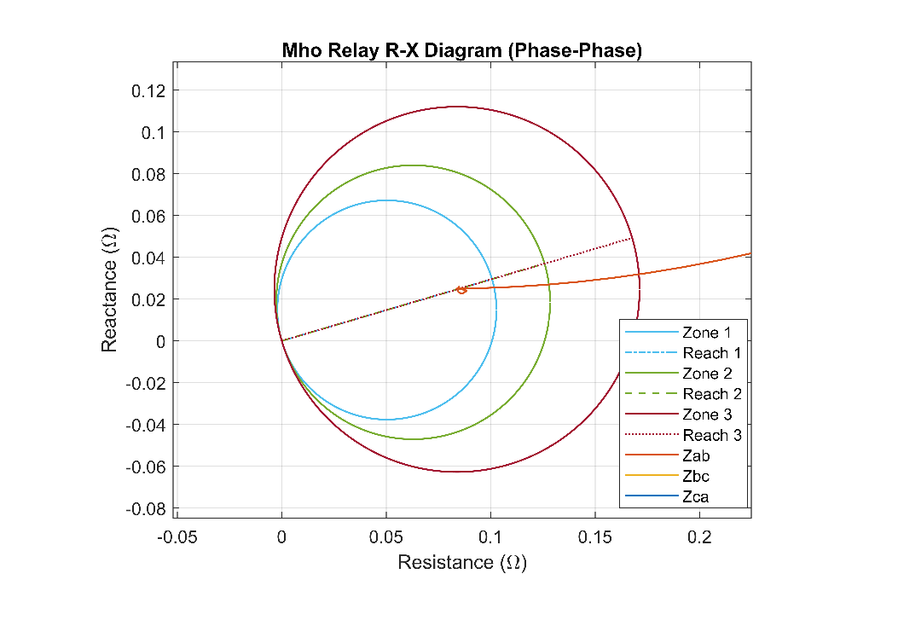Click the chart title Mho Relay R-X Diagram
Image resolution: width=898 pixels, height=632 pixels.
pos(461,51)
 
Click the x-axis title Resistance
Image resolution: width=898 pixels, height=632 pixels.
pos(461,563)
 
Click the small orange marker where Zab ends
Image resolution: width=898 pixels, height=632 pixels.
pos(461,290)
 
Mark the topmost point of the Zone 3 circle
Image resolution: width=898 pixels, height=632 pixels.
pos(457,107)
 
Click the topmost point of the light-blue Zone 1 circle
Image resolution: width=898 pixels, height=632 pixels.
pos(387,200)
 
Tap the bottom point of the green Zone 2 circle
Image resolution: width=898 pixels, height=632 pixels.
pos(414,439)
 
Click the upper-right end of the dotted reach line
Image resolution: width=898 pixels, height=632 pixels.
pos(633,238)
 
